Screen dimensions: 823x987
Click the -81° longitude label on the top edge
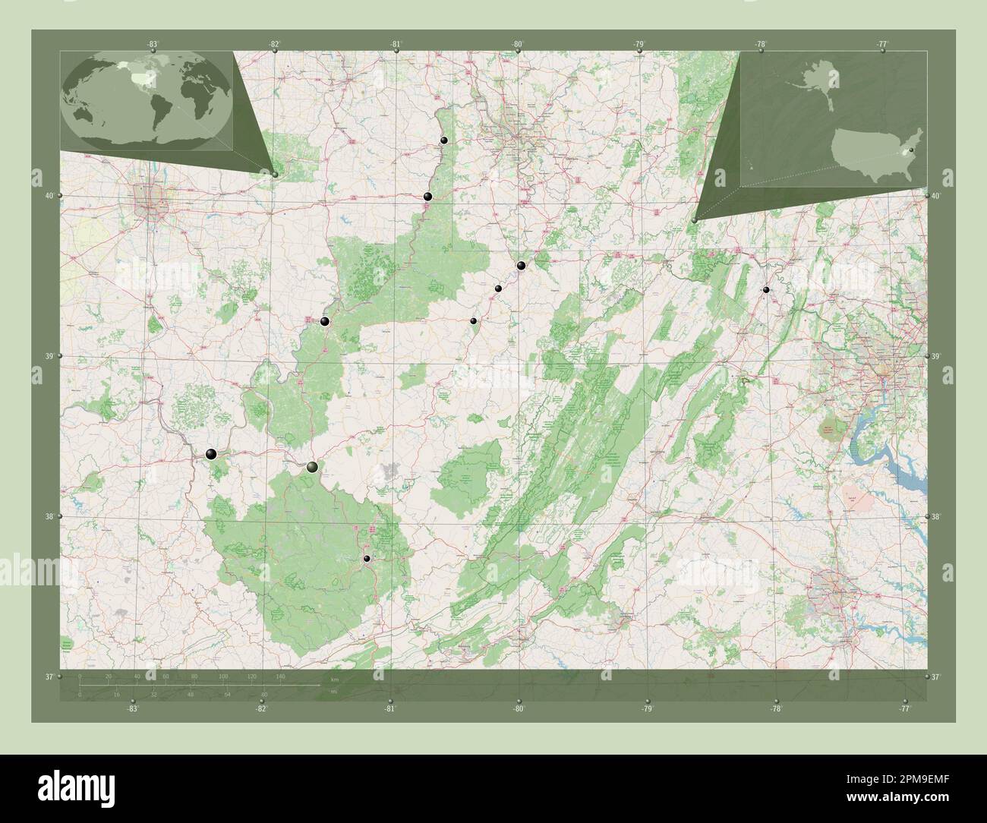click(x=396, y=45)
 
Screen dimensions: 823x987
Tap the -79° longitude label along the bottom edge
click(x=647, y=709)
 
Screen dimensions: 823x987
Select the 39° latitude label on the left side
click(x=49, y=356)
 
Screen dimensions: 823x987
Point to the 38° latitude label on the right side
click(x=937, y=516)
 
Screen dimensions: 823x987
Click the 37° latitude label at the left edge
click(x=49, y=676)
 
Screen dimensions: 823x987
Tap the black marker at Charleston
click(x=312, y=467)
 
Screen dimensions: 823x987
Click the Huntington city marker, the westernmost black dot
click(x=211, y=454)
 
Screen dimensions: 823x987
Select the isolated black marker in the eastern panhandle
click(x=766, y=290)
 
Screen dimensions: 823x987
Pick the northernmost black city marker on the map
click(x=443, y=140)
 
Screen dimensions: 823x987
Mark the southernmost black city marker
click(x=367, y=559)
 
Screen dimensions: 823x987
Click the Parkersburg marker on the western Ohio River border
click(x=325, y=322)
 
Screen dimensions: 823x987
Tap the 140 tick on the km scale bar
click(x=280, y=676)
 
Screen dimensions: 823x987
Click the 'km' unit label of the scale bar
click(x=334, y=679)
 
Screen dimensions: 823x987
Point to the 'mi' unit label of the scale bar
click(x=334, y=691)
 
